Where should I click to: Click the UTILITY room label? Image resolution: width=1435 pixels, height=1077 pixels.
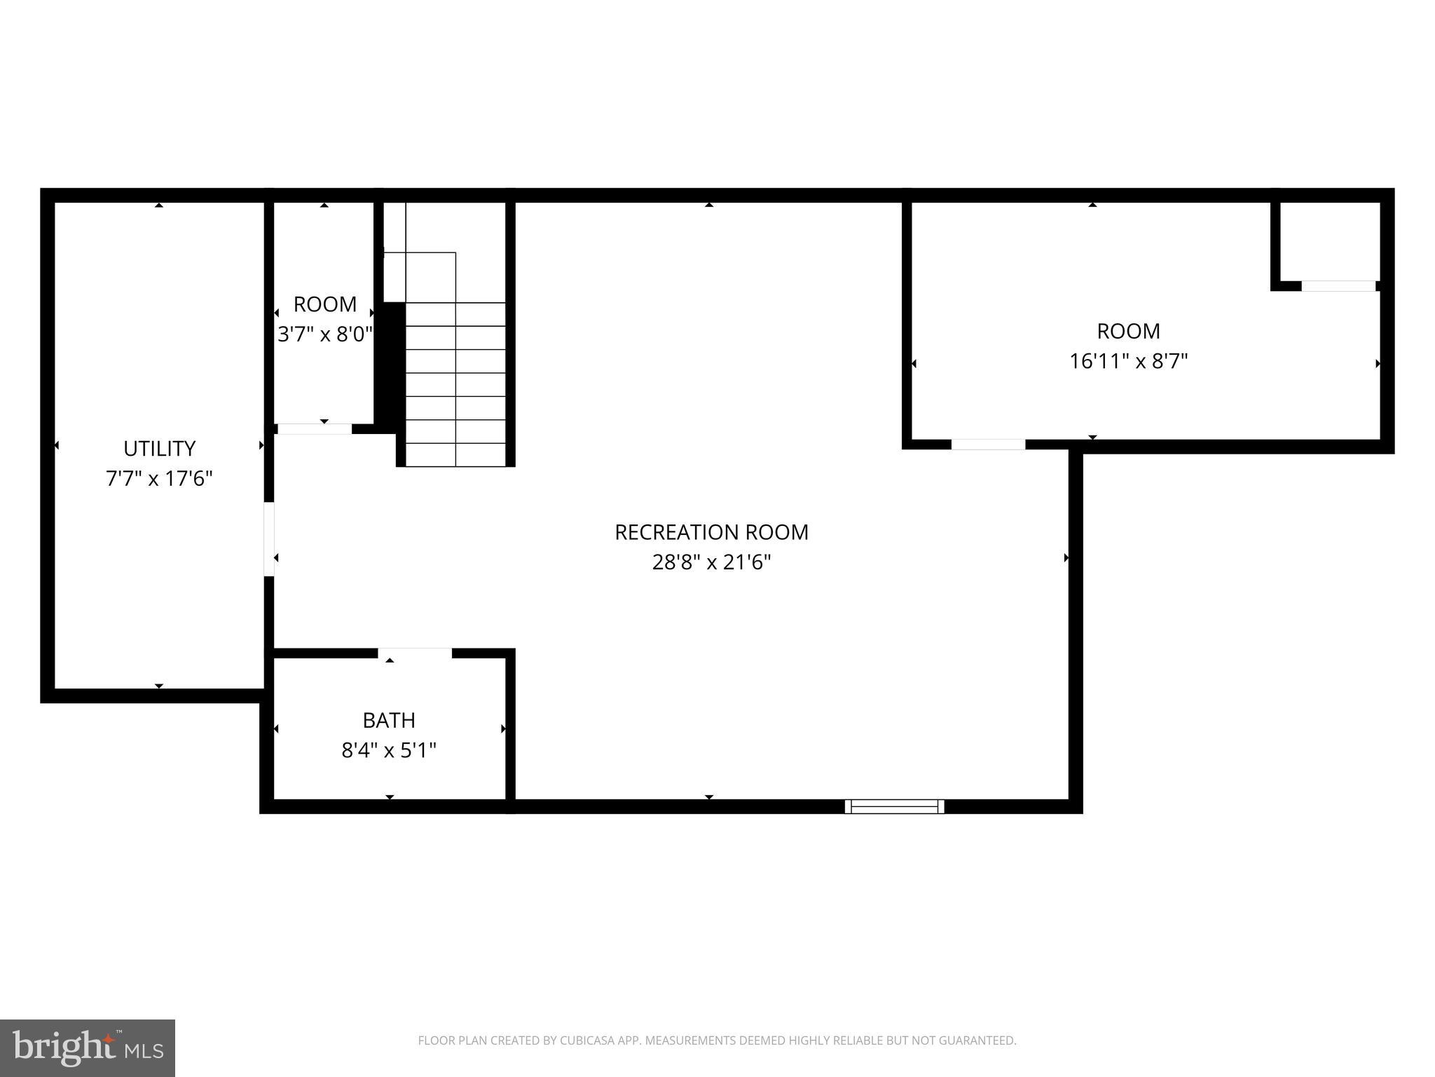tap(159, 449)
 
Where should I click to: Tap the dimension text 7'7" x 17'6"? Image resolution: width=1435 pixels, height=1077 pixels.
tap(159, 479)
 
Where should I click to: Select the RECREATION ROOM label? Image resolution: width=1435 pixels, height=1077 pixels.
tap(711, 532)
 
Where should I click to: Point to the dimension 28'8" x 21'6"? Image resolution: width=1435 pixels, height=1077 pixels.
tap(711, 562)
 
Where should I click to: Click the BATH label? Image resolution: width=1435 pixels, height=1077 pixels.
tap(389, 720)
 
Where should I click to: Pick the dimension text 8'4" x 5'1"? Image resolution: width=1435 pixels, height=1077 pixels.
tap(389, 751)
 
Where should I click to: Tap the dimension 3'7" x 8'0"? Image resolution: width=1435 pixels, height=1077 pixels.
tap(324, 334)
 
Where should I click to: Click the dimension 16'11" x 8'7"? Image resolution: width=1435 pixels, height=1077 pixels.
tap(1128, 362)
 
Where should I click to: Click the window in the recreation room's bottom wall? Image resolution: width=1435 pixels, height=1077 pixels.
tap(894, 806)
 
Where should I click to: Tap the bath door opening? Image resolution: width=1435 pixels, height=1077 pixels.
tap(415, 653)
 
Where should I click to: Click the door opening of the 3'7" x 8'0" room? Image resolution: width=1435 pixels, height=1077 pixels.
tap(315, 429)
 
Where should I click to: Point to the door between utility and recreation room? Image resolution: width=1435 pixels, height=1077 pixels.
tap(269, 539)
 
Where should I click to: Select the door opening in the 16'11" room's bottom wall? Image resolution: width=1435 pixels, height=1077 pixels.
tap(988, 445)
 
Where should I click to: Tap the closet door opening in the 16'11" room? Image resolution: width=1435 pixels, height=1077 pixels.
tap(1338, 286)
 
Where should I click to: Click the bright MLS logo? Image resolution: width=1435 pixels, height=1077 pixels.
tap(88, 1048)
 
